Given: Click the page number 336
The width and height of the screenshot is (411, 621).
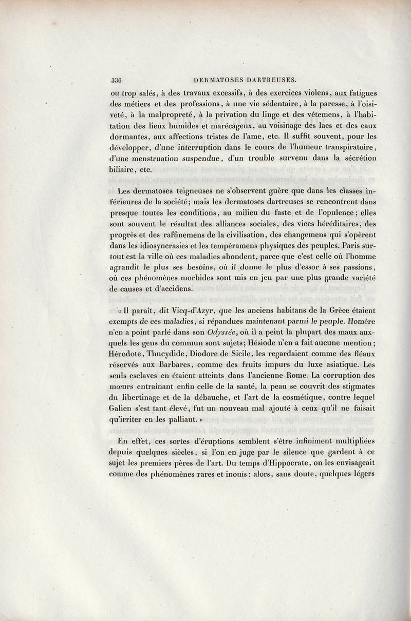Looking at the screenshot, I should [119, 80].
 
